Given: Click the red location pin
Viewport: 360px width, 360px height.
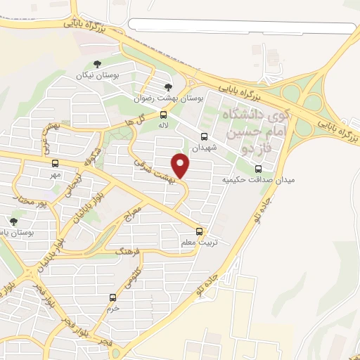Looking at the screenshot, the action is pos(181,166).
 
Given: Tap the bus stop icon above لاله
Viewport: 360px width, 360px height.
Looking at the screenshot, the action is pos(163,115).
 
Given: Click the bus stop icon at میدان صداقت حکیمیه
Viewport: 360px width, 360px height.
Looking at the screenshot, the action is pos(259,169).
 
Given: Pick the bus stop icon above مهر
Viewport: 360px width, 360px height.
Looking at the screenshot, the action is pos(56,162).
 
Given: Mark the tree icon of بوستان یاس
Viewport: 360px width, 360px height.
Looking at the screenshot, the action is pos(13,221).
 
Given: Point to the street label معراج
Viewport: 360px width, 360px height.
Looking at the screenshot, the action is pos(134,208).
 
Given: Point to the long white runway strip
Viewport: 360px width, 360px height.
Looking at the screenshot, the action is pos(243,28).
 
